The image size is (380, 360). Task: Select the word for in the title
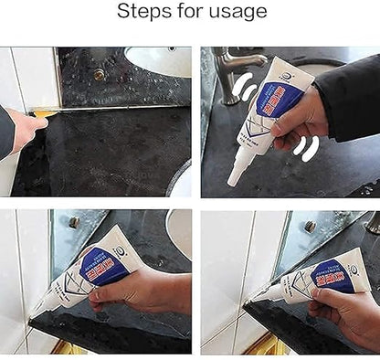pos(192,12)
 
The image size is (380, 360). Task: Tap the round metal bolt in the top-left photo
pos(99,75)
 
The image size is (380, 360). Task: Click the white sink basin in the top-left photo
pos(160,62)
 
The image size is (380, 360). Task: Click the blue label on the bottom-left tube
pos(104,266)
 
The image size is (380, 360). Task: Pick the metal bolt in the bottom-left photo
pos(73,222)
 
